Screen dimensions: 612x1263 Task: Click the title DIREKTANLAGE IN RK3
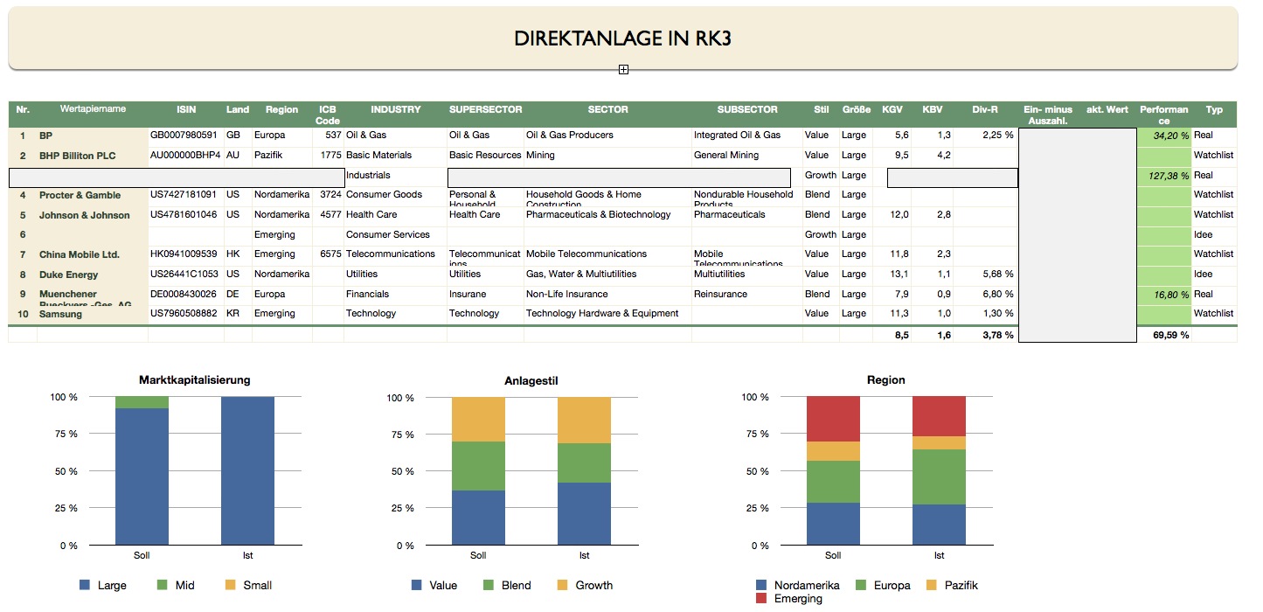coord(622,38)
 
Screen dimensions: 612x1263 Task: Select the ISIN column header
coord(186,110)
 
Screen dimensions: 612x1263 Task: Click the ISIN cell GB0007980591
coord(184,136)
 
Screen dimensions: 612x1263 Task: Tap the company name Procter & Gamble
coord(80,195)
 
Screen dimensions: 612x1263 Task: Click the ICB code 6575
coord(330,254)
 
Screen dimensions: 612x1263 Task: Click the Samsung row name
coord(60,314)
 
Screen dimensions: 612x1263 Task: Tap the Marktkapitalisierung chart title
coord(195,380)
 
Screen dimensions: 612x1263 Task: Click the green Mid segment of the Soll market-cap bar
coord(142,402)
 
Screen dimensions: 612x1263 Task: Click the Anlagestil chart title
coord(531,380)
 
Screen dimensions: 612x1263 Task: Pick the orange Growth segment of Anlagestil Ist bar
coord(585,420)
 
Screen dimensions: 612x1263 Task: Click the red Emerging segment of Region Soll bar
coord(833,419)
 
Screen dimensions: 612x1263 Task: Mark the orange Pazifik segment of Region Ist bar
coord(939,443)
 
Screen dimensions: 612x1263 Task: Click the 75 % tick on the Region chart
coord(755,435)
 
